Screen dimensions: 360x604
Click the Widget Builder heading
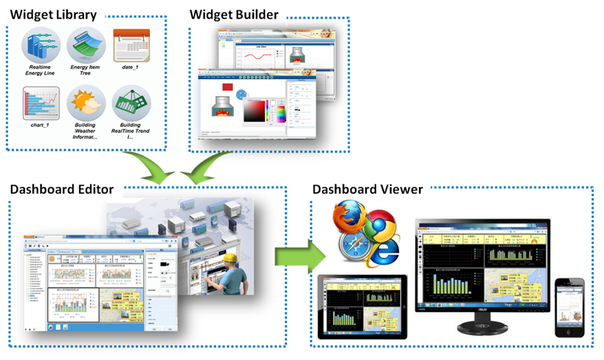(x=234, y=14)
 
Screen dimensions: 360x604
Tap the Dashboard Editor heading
(x=63, y=189)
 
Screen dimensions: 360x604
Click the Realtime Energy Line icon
(x=40, y=44)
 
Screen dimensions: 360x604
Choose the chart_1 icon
(x=40, y=103)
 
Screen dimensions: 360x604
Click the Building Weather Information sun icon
(x=85, y=104)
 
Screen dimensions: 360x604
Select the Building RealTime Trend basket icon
(x=131, y=104)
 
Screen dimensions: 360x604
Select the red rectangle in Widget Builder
(x=227, y=88)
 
